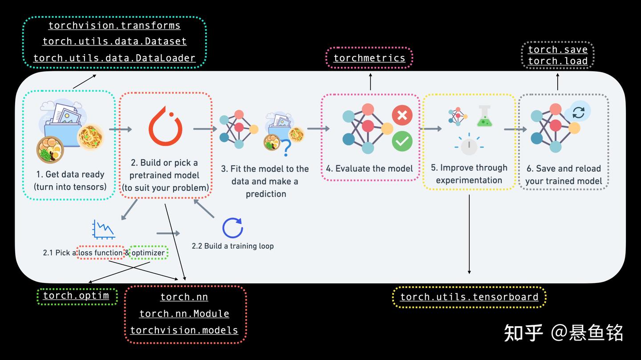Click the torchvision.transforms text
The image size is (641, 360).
[114, 26]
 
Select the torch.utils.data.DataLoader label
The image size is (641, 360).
[114, 58]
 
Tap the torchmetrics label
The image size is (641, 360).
[369, 58]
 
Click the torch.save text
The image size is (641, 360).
[558, 49]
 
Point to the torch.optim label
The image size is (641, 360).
[76, 295]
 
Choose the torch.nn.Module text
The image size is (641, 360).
[184, 314]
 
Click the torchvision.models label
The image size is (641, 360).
[184, 331]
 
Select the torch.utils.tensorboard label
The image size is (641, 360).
[469, 297]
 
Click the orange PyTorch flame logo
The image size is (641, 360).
[165, 127]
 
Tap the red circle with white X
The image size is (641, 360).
[402, 115]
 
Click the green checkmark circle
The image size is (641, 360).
[402, 142]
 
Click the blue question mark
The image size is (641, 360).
[284, 146]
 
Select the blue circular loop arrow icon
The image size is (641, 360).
[232, 228]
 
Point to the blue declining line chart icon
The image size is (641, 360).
[103, 229]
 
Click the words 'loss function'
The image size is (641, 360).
[100, 253]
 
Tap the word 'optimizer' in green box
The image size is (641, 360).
[148, 253]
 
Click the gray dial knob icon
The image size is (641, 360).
[469, 145]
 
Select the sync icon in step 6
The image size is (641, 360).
[578, 112]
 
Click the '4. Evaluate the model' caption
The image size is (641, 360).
[369, 169]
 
